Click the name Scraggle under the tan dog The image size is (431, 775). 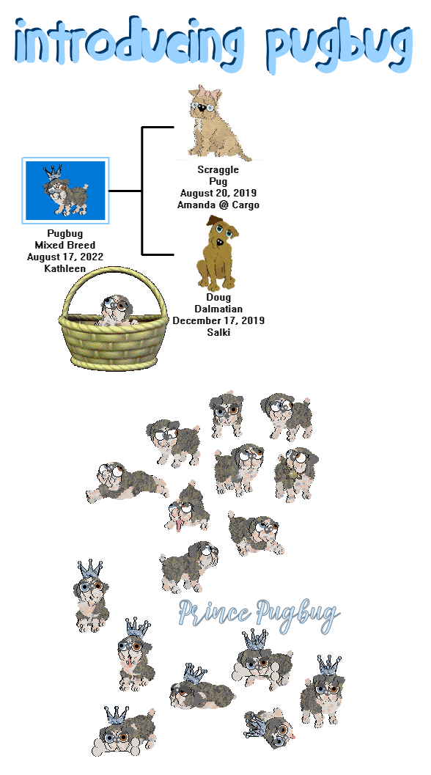218,169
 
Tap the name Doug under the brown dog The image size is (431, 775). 218,297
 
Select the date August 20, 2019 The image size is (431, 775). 218,193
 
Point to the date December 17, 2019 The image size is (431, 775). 218,320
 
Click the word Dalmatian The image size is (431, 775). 218,309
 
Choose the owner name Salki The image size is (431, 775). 218,332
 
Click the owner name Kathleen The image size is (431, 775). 65,268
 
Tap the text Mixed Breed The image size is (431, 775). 65,245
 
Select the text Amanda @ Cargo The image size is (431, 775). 218,205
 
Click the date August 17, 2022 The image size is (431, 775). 65,257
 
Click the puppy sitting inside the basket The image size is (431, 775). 116,310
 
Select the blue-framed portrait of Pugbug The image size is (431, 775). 65,191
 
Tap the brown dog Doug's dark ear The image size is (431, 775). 214,220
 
